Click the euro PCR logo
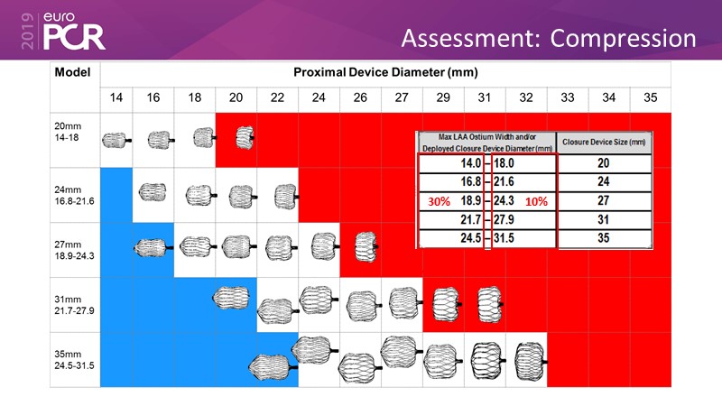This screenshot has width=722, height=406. pyautogui.click(x=74, y=31)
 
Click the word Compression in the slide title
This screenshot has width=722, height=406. pyautogui.click(x=623, y=39)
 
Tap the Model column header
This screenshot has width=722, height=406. pyautogui.click(x=72, y=72)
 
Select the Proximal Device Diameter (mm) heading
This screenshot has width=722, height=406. pyautogui.click(x=385, y=72)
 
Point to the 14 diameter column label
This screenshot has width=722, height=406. pyautogui.click(x=116, y=97)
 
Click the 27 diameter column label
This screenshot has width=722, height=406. pyautogui.click(x=402, y=97)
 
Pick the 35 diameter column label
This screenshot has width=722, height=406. pyautogui.click(x=650, y=97)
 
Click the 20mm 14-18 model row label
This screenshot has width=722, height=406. pyautogui.click(x=68, y=132)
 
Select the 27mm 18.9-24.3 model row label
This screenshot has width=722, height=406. pyautogui.click(x=74, y=250)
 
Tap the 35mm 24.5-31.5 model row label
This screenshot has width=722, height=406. pyautogui.click(x=74, y=359)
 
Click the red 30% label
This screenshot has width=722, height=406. pyautogui.click(x=439, y=201)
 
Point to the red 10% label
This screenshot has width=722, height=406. pyautogui.click(x=536, y=201)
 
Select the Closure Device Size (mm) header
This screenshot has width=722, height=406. pyautogui.click(x=604, y=143)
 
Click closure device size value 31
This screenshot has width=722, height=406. pyautogui.click(x=604, y=219)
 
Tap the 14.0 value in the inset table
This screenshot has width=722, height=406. pyautogui.click(x=470, y=163)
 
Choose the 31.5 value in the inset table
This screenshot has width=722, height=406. pyautogui.click(x=504, y=238)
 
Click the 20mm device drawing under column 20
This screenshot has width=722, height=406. pyautogui.click(x=245, y=138)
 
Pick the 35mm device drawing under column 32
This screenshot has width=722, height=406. pyautogui.click(x=531, y=361)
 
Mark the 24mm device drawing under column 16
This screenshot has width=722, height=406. pyautogui.click(x=153, y=192)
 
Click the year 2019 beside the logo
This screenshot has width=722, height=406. pyautogui.click(x=28, y=31)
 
